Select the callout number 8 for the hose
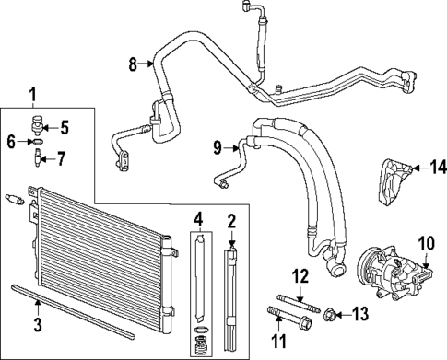pos(133,64)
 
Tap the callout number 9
pos(217,146)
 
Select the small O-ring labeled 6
pos(34,143)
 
